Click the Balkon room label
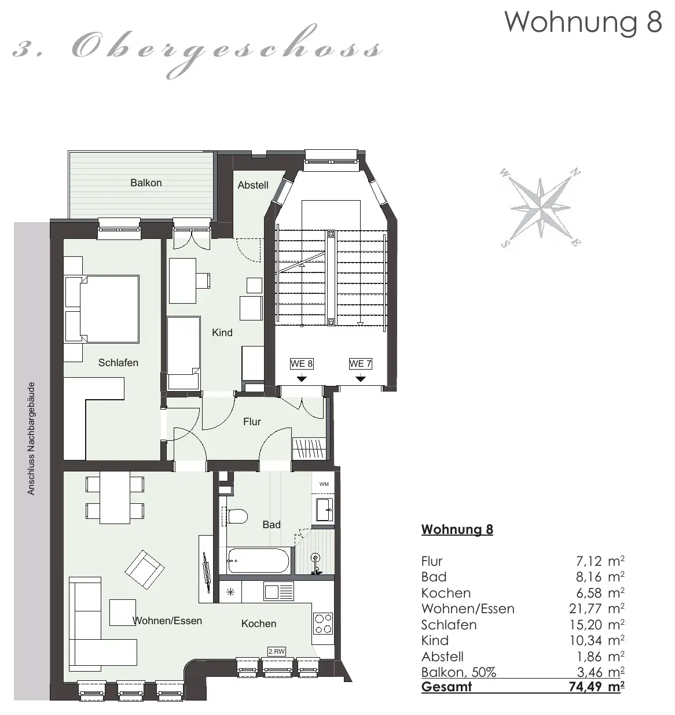(x=146, y=183)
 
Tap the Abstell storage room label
(x=252, y=185)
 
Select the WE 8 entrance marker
(x=301, y=364)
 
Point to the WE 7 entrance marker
(x=360, y=364)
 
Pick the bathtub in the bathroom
(x=258, y=561)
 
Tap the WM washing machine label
(x=324, y=484)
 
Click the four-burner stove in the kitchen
(x=323, y=623)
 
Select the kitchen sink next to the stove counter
(x=278, y=591)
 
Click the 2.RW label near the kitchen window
(x=276, y=651)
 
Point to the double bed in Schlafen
(x=102, y=308)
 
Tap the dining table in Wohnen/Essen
(x=115, y=498)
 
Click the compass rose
(x=540, y=208)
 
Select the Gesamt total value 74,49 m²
(x=596, y=686)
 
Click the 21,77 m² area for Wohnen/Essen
(x=596, y=609)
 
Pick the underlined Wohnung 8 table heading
(x=457, y=529)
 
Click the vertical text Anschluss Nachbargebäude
(x=31, y=438)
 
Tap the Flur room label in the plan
(x=252, y=422)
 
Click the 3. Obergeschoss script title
(x=197, y=50)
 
